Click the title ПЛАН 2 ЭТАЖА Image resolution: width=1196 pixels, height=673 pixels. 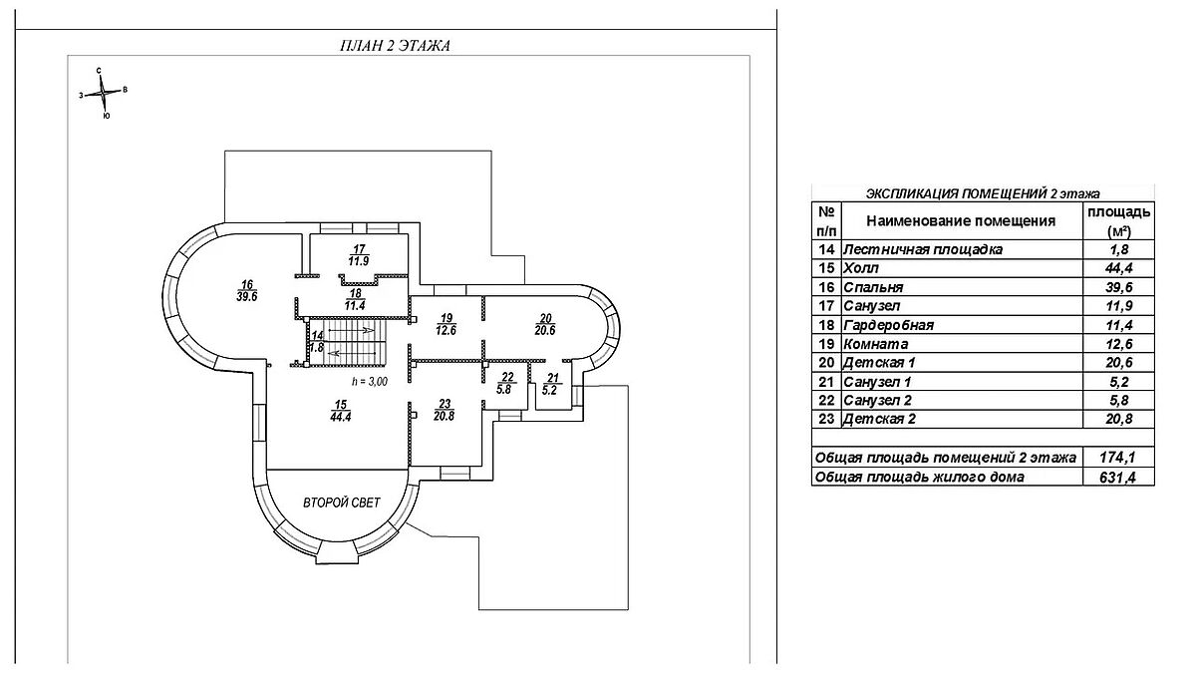[397, 46]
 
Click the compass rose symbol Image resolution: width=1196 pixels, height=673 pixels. [104, 94]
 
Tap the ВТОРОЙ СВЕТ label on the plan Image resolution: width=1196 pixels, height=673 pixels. [344, 504]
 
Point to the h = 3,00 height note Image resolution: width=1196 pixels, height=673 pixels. [369, 381]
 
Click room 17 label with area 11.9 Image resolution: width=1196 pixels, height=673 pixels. [360, 255]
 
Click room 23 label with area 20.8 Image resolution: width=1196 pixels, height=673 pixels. [445, 409]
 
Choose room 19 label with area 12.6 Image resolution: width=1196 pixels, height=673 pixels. [447, 323]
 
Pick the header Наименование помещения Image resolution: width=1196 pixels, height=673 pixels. [960, 220]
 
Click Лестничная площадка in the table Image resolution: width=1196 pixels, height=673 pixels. [922, 249]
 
